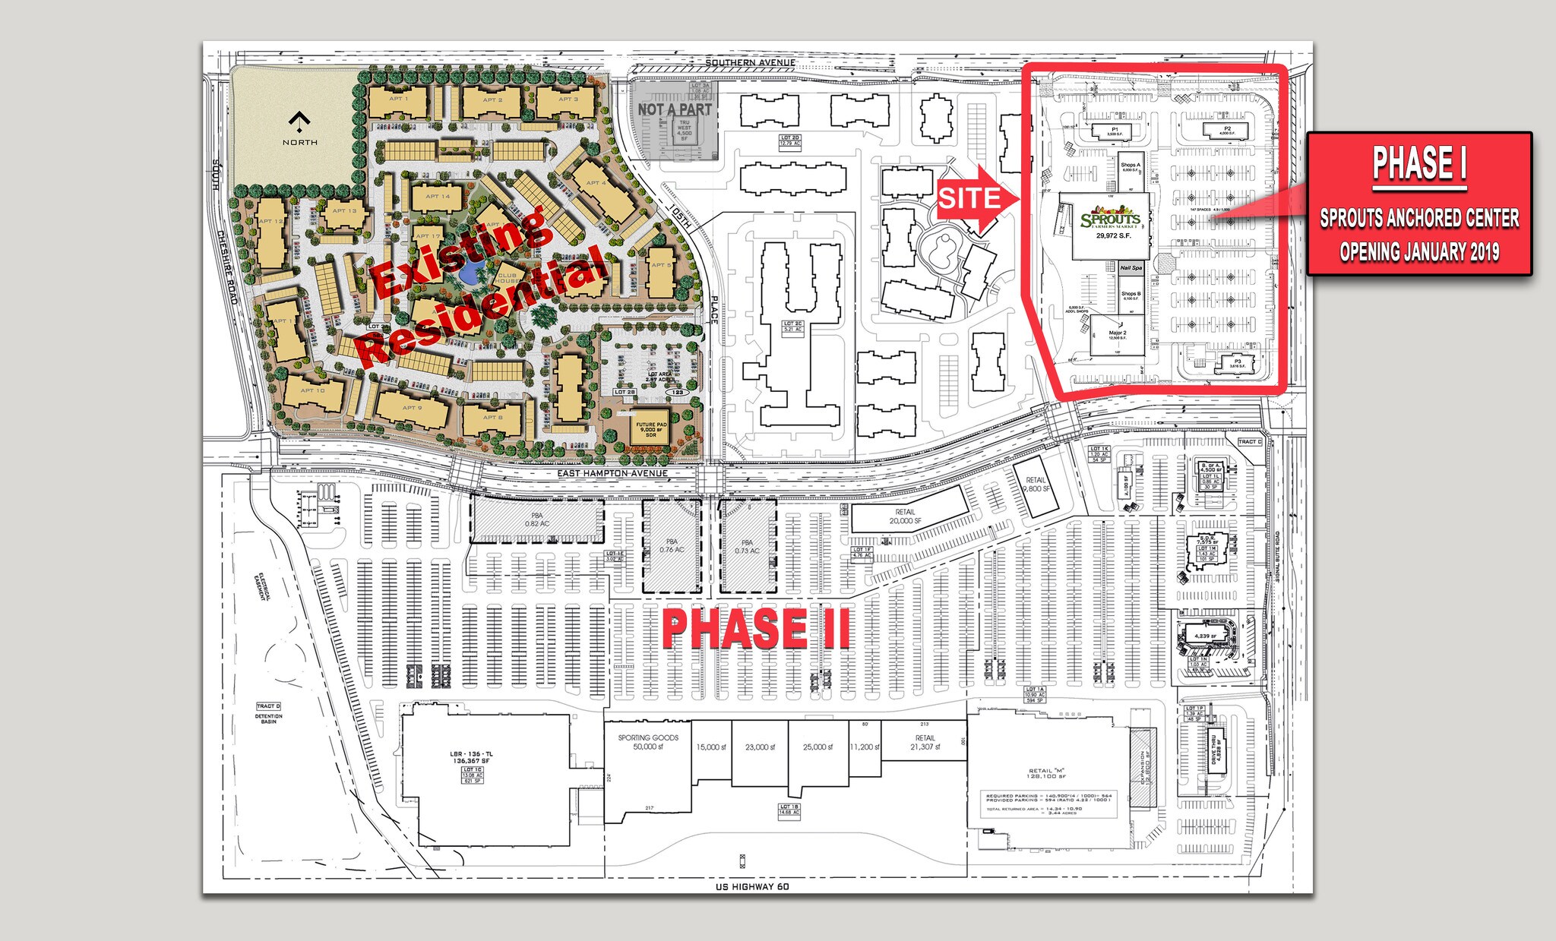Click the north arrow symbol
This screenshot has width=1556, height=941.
click(300, 121)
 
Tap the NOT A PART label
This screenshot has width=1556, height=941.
click(674, 109)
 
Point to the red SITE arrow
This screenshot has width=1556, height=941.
click(977, 199)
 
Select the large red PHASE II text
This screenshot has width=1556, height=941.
click(756, 629)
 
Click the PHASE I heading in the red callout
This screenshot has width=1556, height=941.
click(1418, 163)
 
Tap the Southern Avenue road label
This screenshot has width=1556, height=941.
click(750, 62)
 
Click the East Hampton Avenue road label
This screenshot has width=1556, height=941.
click(612, 473)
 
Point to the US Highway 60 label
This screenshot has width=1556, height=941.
click(752, 886)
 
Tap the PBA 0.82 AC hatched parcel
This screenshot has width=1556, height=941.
click(536, 519)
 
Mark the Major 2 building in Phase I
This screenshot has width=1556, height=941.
click(1117, 336)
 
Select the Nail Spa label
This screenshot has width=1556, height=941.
click(1131, 268)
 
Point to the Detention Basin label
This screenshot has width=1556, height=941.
click(268, 718)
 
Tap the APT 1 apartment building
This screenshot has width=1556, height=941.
click(399, 100)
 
